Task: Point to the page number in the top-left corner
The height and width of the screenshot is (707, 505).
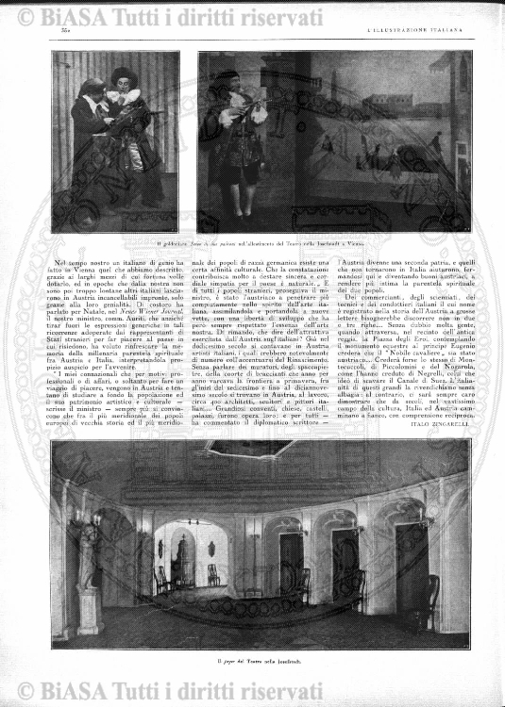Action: [x=54, y=34]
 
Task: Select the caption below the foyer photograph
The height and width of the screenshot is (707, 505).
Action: [x=252, y=667]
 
